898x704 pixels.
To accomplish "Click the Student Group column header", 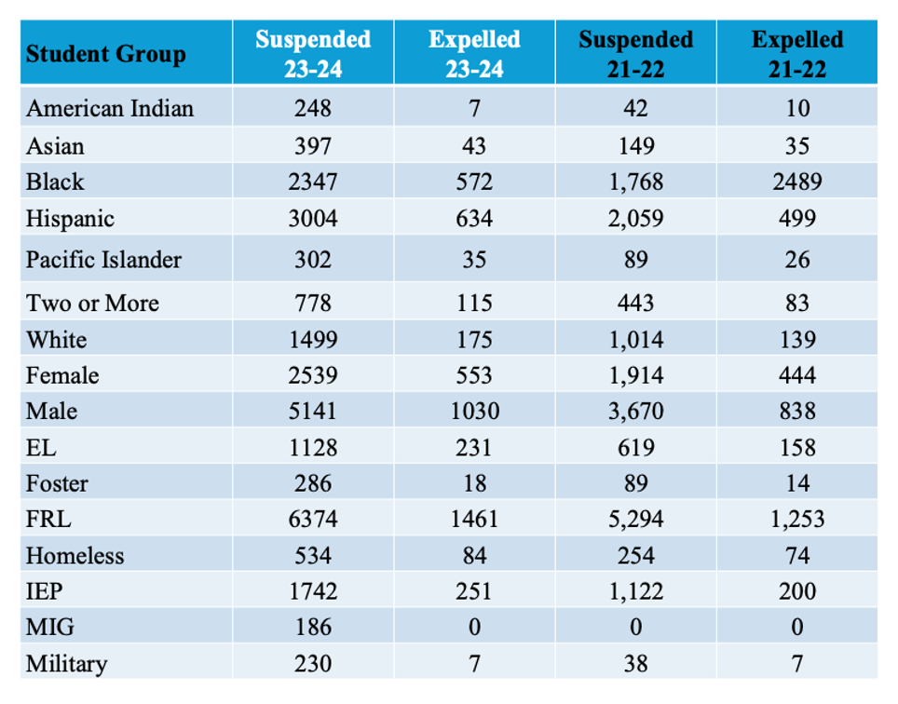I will click(105, 54).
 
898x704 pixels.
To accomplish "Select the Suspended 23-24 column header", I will click(313, 54).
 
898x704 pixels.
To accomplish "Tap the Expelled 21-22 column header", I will click(797, 54).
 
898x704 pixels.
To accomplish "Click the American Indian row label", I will click(110, 109).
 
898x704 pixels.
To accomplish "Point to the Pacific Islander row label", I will click(103, 260).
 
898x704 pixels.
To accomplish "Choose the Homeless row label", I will click(75, 556).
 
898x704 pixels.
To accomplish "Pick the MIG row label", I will click(49, 629).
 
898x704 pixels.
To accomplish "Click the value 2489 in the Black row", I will click(797, 182).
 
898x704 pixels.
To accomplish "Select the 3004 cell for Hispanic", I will click(313, 220).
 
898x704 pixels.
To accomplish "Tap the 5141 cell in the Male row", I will click(313, 412).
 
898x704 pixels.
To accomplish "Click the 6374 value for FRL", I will click(313, 519).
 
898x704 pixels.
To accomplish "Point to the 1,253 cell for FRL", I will click(797, 519).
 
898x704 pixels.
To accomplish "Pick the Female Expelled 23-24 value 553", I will click(474, 375).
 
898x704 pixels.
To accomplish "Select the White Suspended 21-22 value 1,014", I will click(636, 340).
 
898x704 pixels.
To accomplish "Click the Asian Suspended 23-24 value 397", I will click(313, 146).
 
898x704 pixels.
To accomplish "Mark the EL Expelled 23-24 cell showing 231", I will click(474, 448).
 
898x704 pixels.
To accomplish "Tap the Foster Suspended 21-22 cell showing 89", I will click(636, 483).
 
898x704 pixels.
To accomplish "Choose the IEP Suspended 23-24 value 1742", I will click(313, 591).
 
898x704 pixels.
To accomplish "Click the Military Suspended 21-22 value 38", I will click(636, 665).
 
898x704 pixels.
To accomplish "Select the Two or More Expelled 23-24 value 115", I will click(474, 304).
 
